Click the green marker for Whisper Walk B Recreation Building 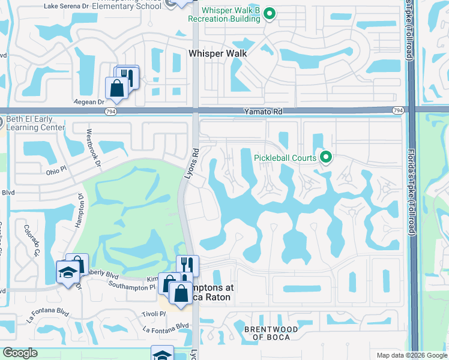(x=270, y=13)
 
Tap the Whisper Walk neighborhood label (x=218, y=53)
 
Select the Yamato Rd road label (x=262, y=112)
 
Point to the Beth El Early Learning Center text (x=35, y=123)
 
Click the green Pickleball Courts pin (x=326, y=158)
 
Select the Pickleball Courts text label (x=285, y=158)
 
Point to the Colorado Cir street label (x=32, y=239)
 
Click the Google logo (x=20, y=353)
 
